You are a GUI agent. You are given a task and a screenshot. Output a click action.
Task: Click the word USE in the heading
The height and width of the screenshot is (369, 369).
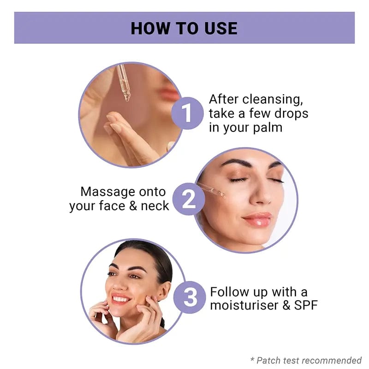pos(221,29)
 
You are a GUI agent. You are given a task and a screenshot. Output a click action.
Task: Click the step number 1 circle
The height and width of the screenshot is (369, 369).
pos(187,113)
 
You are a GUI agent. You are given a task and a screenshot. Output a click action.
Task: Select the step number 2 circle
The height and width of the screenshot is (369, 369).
pos(189,199)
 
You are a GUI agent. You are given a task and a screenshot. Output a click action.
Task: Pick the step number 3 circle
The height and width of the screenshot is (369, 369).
pos(190,297)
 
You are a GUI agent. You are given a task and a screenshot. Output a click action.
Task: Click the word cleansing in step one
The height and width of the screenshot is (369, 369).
pos(273,100)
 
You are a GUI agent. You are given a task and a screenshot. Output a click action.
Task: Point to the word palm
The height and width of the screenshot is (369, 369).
pos(268,128)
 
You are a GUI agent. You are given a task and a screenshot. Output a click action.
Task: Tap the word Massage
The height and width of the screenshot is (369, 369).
pos(108,192)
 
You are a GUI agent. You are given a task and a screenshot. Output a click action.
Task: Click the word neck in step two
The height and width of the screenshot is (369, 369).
pos(155,206)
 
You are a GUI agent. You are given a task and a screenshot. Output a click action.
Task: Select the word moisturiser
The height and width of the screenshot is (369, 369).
pos(244,305)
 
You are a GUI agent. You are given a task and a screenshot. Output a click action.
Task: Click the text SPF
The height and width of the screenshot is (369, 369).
pos(306,305)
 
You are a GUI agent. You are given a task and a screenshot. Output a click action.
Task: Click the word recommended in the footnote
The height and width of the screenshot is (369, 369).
pos(332,360)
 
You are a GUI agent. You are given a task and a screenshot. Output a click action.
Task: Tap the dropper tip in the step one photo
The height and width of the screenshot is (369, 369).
pos(127,98)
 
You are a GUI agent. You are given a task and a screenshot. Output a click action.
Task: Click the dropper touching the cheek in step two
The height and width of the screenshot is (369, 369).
pos(212,190)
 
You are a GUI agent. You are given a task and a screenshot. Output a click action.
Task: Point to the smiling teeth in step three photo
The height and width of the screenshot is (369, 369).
pos(121,299)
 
